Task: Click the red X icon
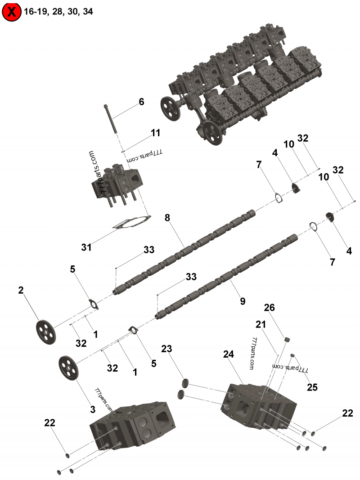tap(12, 12)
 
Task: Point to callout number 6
tap(141, 102)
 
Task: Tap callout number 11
tap(155, 133)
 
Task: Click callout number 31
tap(86, 247)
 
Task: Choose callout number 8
tap(167, 218)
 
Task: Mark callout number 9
tap(243, 301)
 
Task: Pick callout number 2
tap(21, 290)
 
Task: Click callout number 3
tap(92, 409)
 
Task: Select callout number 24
tap(229, 354)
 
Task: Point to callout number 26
tap(270, 308)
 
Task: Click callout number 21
tap(261, 324)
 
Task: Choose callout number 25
tap(313, 387)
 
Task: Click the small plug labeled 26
tap(285, 339)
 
